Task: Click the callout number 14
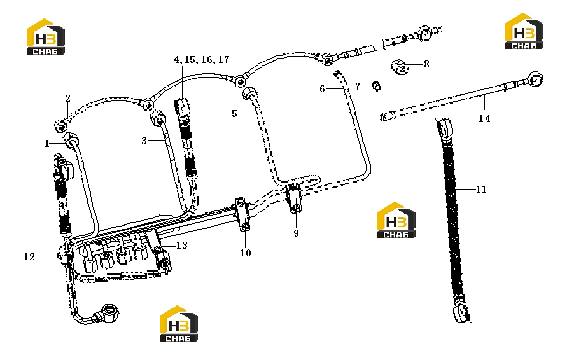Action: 484,118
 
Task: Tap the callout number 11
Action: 481,189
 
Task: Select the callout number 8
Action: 426,64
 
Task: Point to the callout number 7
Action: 358,87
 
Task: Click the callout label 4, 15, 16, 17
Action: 201,60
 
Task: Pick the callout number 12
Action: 29,257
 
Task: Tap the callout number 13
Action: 182,245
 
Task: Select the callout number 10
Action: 245,253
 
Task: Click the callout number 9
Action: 296,233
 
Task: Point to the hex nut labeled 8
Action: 400,67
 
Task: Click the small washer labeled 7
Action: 376,86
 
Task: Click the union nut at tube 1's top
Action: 71,139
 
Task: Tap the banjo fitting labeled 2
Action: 60,126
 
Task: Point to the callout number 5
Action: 234,114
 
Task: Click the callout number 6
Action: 322,89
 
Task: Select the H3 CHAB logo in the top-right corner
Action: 524,31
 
